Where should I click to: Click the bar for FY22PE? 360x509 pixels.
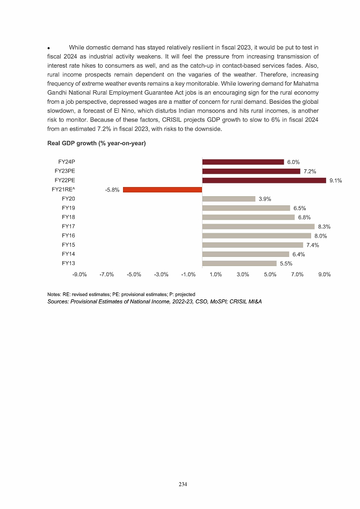point(264,181)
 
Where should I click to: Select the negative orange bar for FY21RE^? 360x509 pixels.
point(162,190)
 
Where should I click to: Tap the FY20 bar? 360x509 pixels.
point(228,199)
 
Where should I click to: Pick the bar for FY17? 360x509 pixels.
point(258,226)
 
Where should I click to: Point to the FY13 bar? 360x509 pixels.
point(239,263)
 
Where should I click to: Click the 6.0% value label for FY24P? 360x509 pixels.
point(293,162)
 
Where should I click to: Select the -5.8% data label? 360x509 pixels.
point(112,190)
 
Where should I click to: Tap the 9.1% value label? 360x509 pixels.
point(335,181)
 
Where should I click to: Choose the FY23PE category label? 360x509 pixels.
point(65,171)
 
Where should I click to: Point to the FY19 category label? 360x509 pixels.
point(68,207)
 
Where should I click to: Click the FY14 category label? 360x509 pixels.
point(68,254)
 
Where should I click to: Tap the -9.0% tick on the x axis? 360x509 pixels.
point(79,274)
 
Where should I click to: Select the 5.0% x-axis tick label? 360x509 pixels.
point(270,274)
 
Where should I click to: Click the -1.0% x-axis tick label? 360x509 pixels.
point(188,274)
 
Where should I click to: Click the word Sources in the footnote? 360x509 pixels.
point(59,302)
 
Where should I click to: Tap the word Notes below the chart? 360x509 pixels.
point(55,295)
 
